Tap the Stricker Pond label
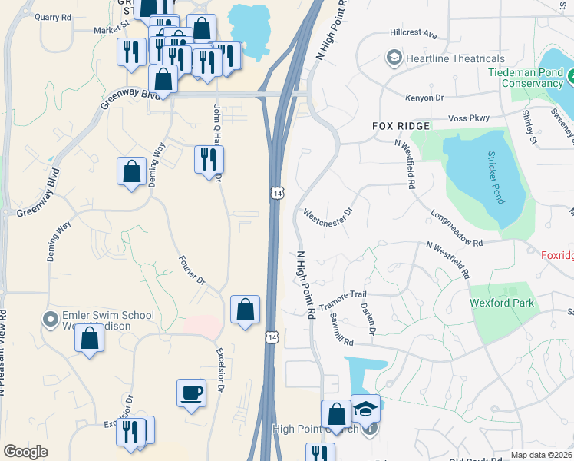coord(493,177)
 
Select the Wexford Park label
coord(502,303)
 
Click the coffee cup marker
coord(191,393)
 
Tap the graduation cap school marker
coord(365,409)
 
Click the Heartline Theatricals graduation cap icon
coord(394,58)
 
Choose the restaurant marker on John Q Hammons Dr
coord(209,160)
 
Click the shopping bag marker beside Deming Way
coord(132,171)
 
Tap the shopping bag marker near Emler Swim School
coord(89,338)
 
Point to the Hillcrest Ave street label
coord(413,35)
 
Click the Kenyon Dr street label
coord(424,98)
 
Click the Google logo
coord(25,452)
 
